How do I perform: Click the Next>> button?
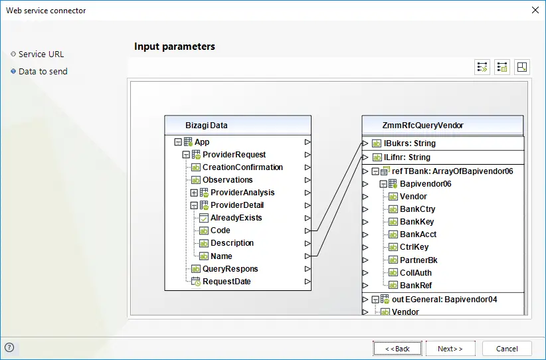(x=450, y=349)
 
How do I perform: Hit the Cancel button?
(x=507, y=349)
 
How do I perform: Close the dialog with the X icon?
(x=535, y=10)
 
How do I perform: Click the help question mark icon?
(x=9, y=347)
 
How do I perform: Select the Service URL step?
(x=41, y=54)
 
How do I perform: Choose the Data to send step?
(x=43, y=71)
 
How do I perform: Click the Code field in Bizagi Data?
(x=220, y=230)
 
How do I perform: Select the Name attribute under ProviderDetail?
(x=221, y=256)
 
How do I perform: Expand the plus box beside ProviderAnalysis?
(x=195, y=193)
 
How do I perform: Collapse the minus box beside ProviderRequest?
(x=186, y=155)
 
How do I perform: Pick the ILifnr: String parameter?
(x=407, y=157)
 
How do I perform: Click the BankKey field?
(x=417, y=222)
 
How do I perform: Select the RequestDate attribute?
(x=227, y=282)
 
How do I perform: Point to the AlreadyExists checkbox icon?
(x=204, y=218)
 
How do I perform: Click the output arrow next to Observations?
(x=308, y=180)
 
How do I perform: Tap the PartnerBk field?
(x=418, y=260)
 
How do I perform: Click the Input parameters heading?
(x=175, y=46)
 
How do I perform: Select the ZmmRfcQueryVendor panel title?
(x=422, y=126)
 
